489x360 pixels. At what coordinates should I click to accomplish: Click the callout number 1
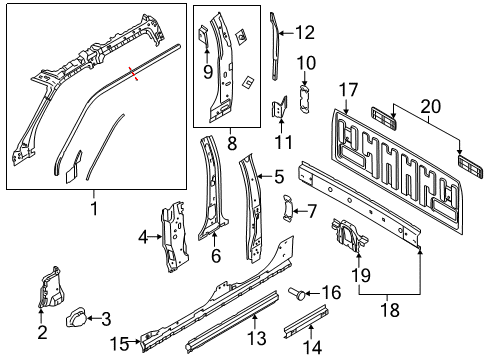(95, 208)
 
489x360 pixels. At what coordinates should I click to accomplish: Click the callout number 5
(279, 176)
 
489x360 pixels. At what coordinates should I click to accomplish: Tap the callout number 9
(207, 71)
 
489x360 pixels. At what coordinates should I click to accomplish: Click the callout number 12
(304, 32)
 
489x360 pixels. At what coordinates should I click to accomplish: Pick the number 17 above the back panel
(347, 89)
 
